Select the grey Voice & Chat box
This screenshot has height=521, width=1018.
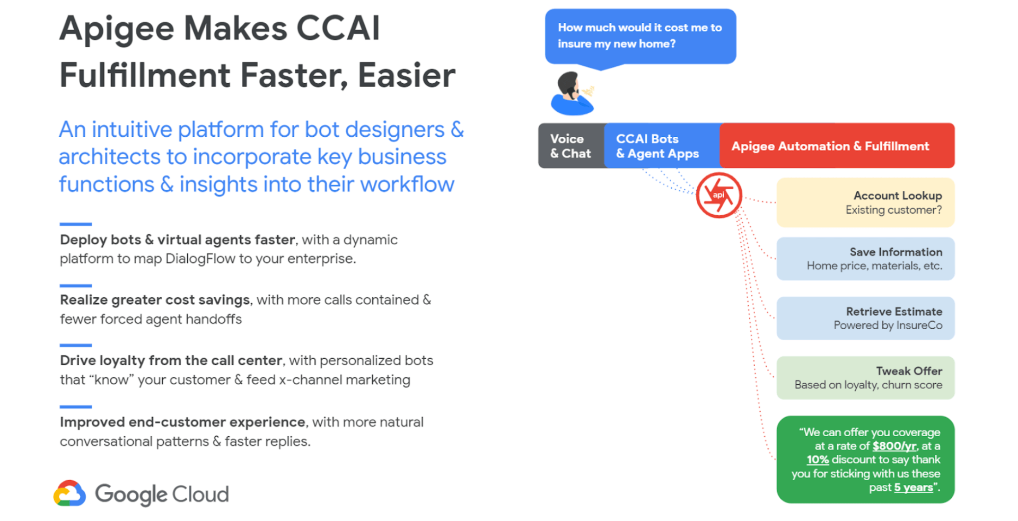[571, 146]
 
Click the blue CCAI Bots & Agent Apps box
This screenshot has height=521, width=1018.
[662, 146]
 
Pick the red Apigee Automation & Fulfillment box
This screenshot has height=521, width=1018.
[837, 146]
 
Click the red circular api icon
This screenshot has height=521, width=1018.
[719, 195]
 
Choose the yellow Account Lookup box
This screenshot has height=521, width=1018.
[865, 202]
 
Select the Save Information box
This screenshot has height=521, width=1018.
[865, 259]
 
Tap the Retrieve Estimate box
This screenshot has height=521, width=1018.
[865, 318]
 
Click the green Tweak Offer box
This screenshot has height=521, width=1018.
[865, 377]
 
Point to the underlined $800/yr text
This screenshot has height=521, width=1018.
[894, 446]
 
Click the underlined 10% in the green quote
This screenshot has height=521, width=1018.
[818, 460]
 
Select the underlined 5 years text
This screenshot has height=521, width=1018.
[914, 487]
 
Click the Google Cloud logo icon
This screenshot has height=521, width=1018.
[69, 493]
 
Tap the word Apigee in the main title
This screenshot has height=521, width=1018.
[117, 29]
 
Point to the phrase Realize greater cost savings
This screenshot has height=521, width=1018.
[155, 300]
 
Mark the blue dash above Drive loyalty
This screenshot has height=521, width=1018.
[76, 345]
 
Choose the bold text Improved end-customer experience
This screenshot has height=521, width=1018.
[182, 422]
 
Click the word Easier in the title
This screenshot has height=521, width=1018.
[407, 75]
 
